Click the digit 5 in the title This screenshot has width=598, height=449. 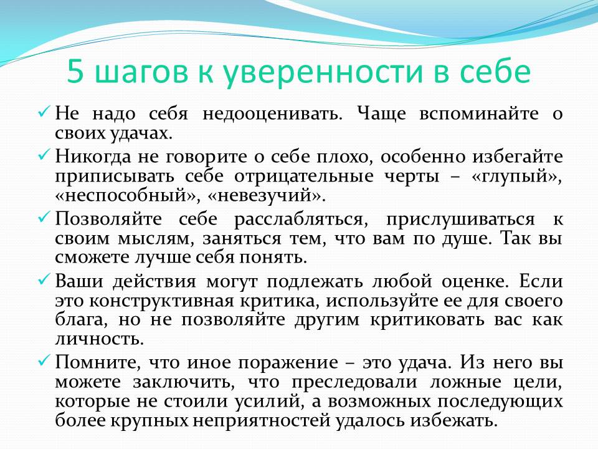click(x=75, y=72)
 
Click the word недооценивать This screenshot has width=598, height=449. click(x=273, y=114)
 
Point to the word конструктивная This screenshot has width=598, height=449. click(x=161, y=301)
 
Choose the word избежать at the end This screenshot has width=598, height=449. click(x=454, y=421)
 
